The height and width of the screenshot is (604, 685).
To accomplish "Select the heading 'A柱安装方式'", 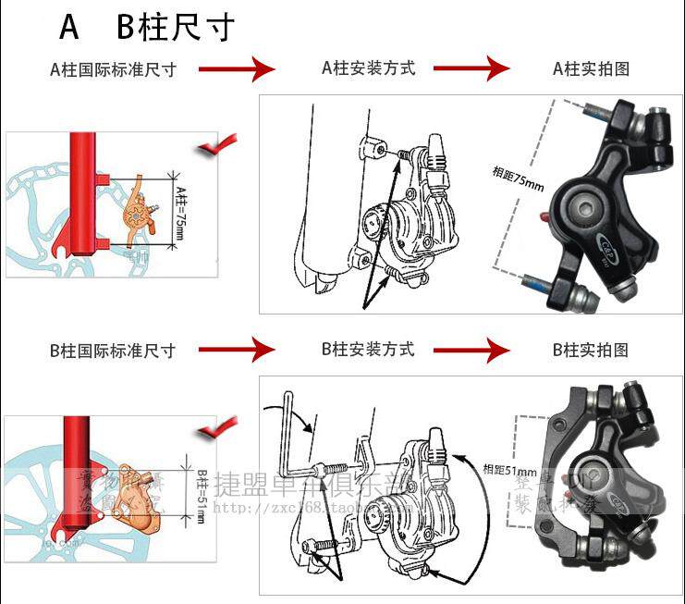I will point(368,68).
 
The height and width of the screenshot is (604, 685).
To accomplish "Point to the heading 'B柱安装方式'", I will point(368,349).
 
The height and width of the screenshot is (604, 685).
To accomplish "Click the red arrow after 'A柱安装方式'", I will point(471,68).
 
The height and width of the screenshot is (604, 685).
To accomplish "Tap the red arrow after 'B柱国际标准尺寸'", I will point(237,350).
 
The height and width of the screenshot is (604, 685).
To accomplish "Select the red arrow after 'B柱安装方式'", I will point(471,350).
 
